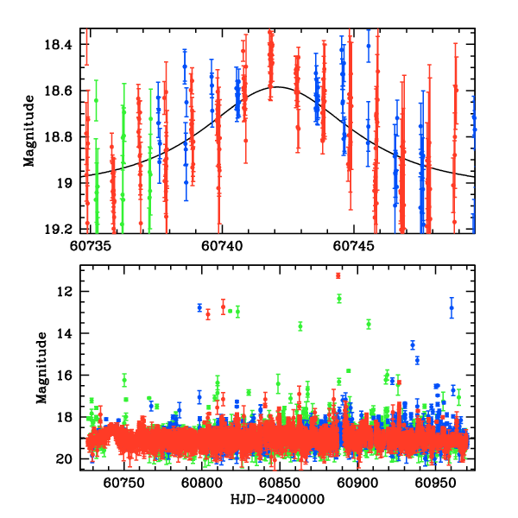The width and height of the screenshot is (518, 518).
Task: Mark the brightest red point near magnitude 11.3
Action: click(338, 275)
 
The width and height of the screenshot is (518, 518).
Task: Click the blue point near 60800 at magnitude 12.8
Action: click(199, 307)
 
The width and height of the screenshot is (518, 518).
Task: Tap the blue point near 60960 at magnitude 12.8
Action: click(451, 307)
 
